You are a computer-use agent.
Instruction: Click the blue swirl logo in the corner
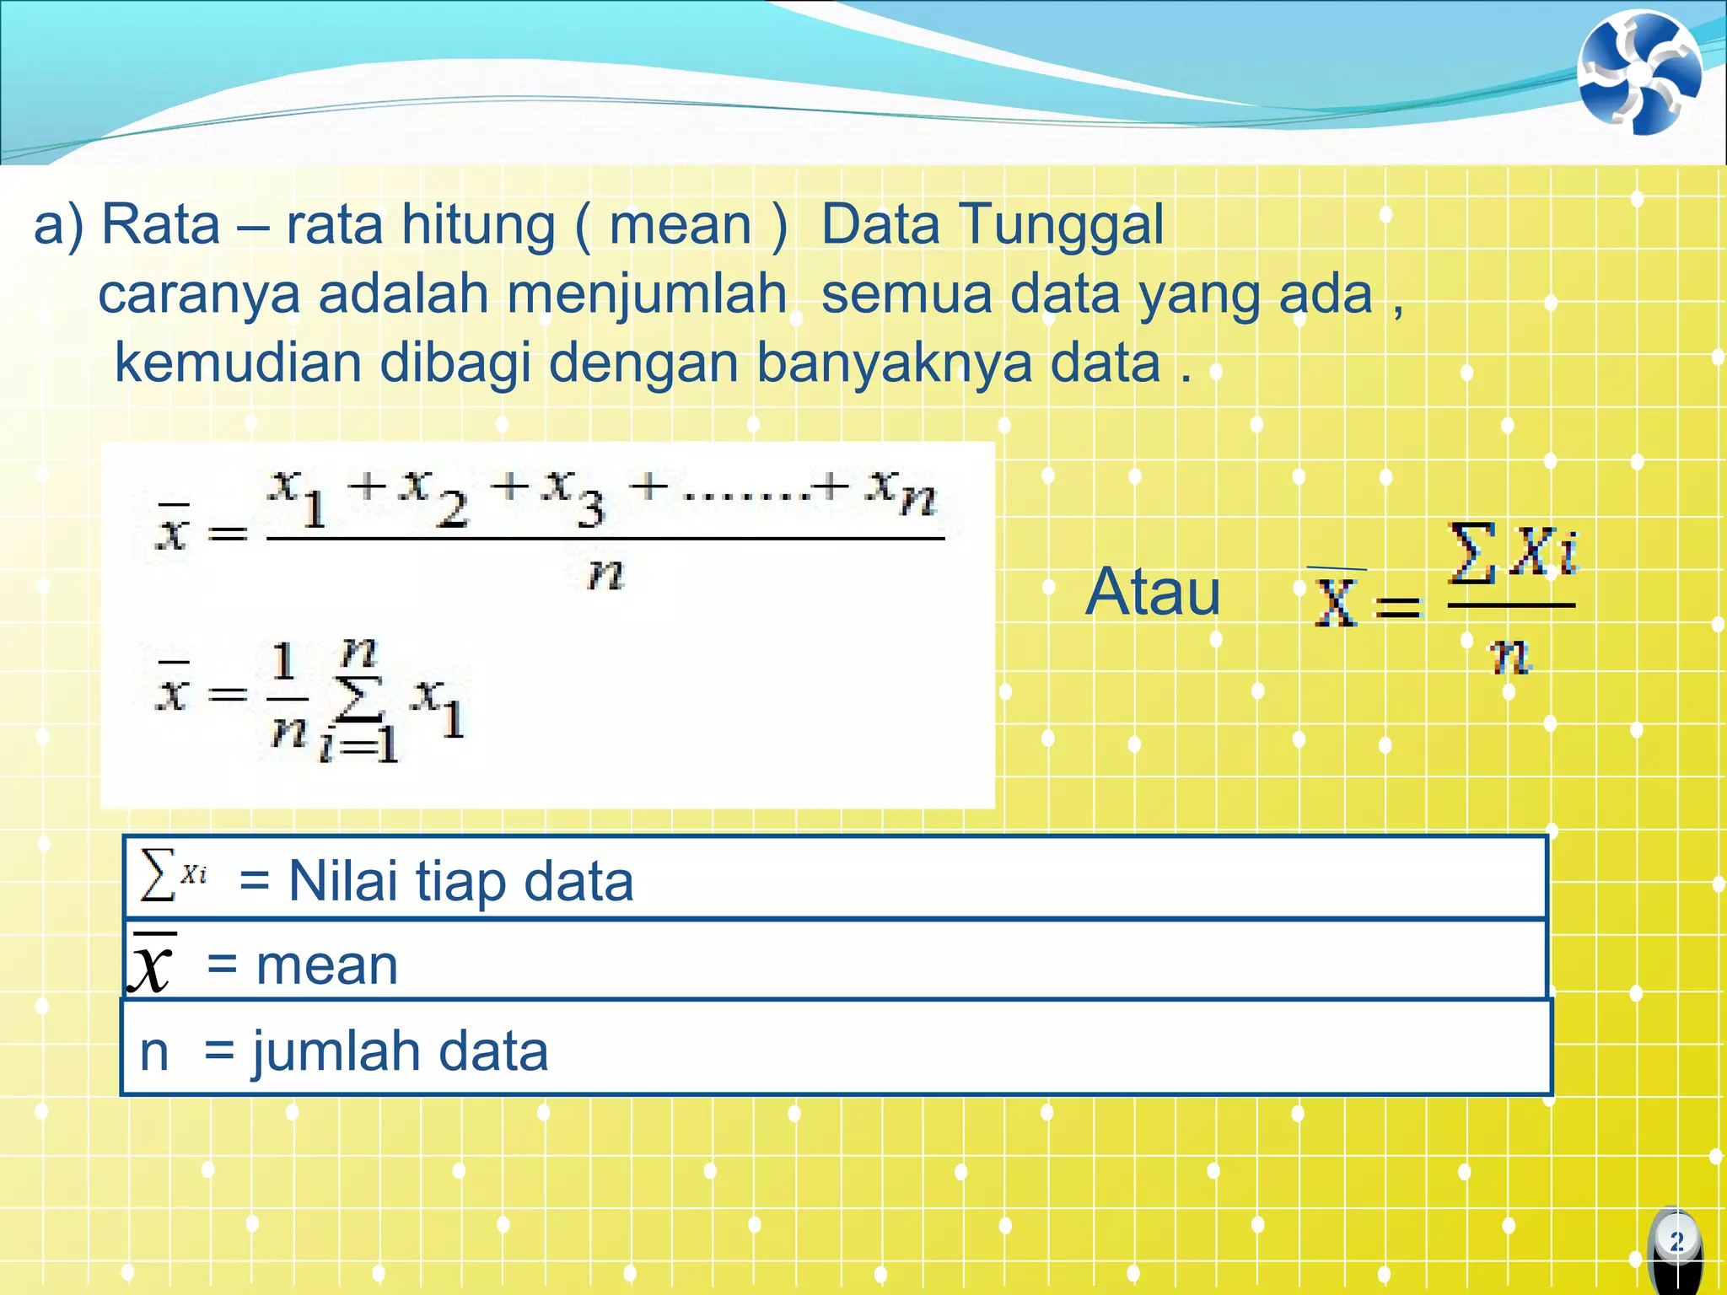pos(1639,73)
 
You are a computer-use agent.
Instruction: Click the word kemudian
pos(238,363)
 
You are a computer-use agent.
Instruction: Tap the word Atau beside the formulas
pos(1152,592)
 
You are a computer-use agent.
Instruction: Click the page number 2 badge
pos(1676,1241)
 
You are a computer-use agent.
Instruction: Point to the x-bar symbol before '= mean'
pos(152,963)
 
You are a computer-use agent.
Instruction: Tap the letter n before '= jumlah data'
pos(153,1052)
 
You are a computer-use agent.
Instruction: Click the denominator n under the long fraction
pos(605,575)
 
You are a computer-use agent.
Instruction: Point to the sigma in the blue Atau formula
pos(1471,553)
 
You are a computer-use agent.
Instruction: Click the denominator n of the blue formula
pos(1509,656)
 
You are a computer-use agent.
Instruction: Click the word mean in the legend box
pos(326,965)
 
